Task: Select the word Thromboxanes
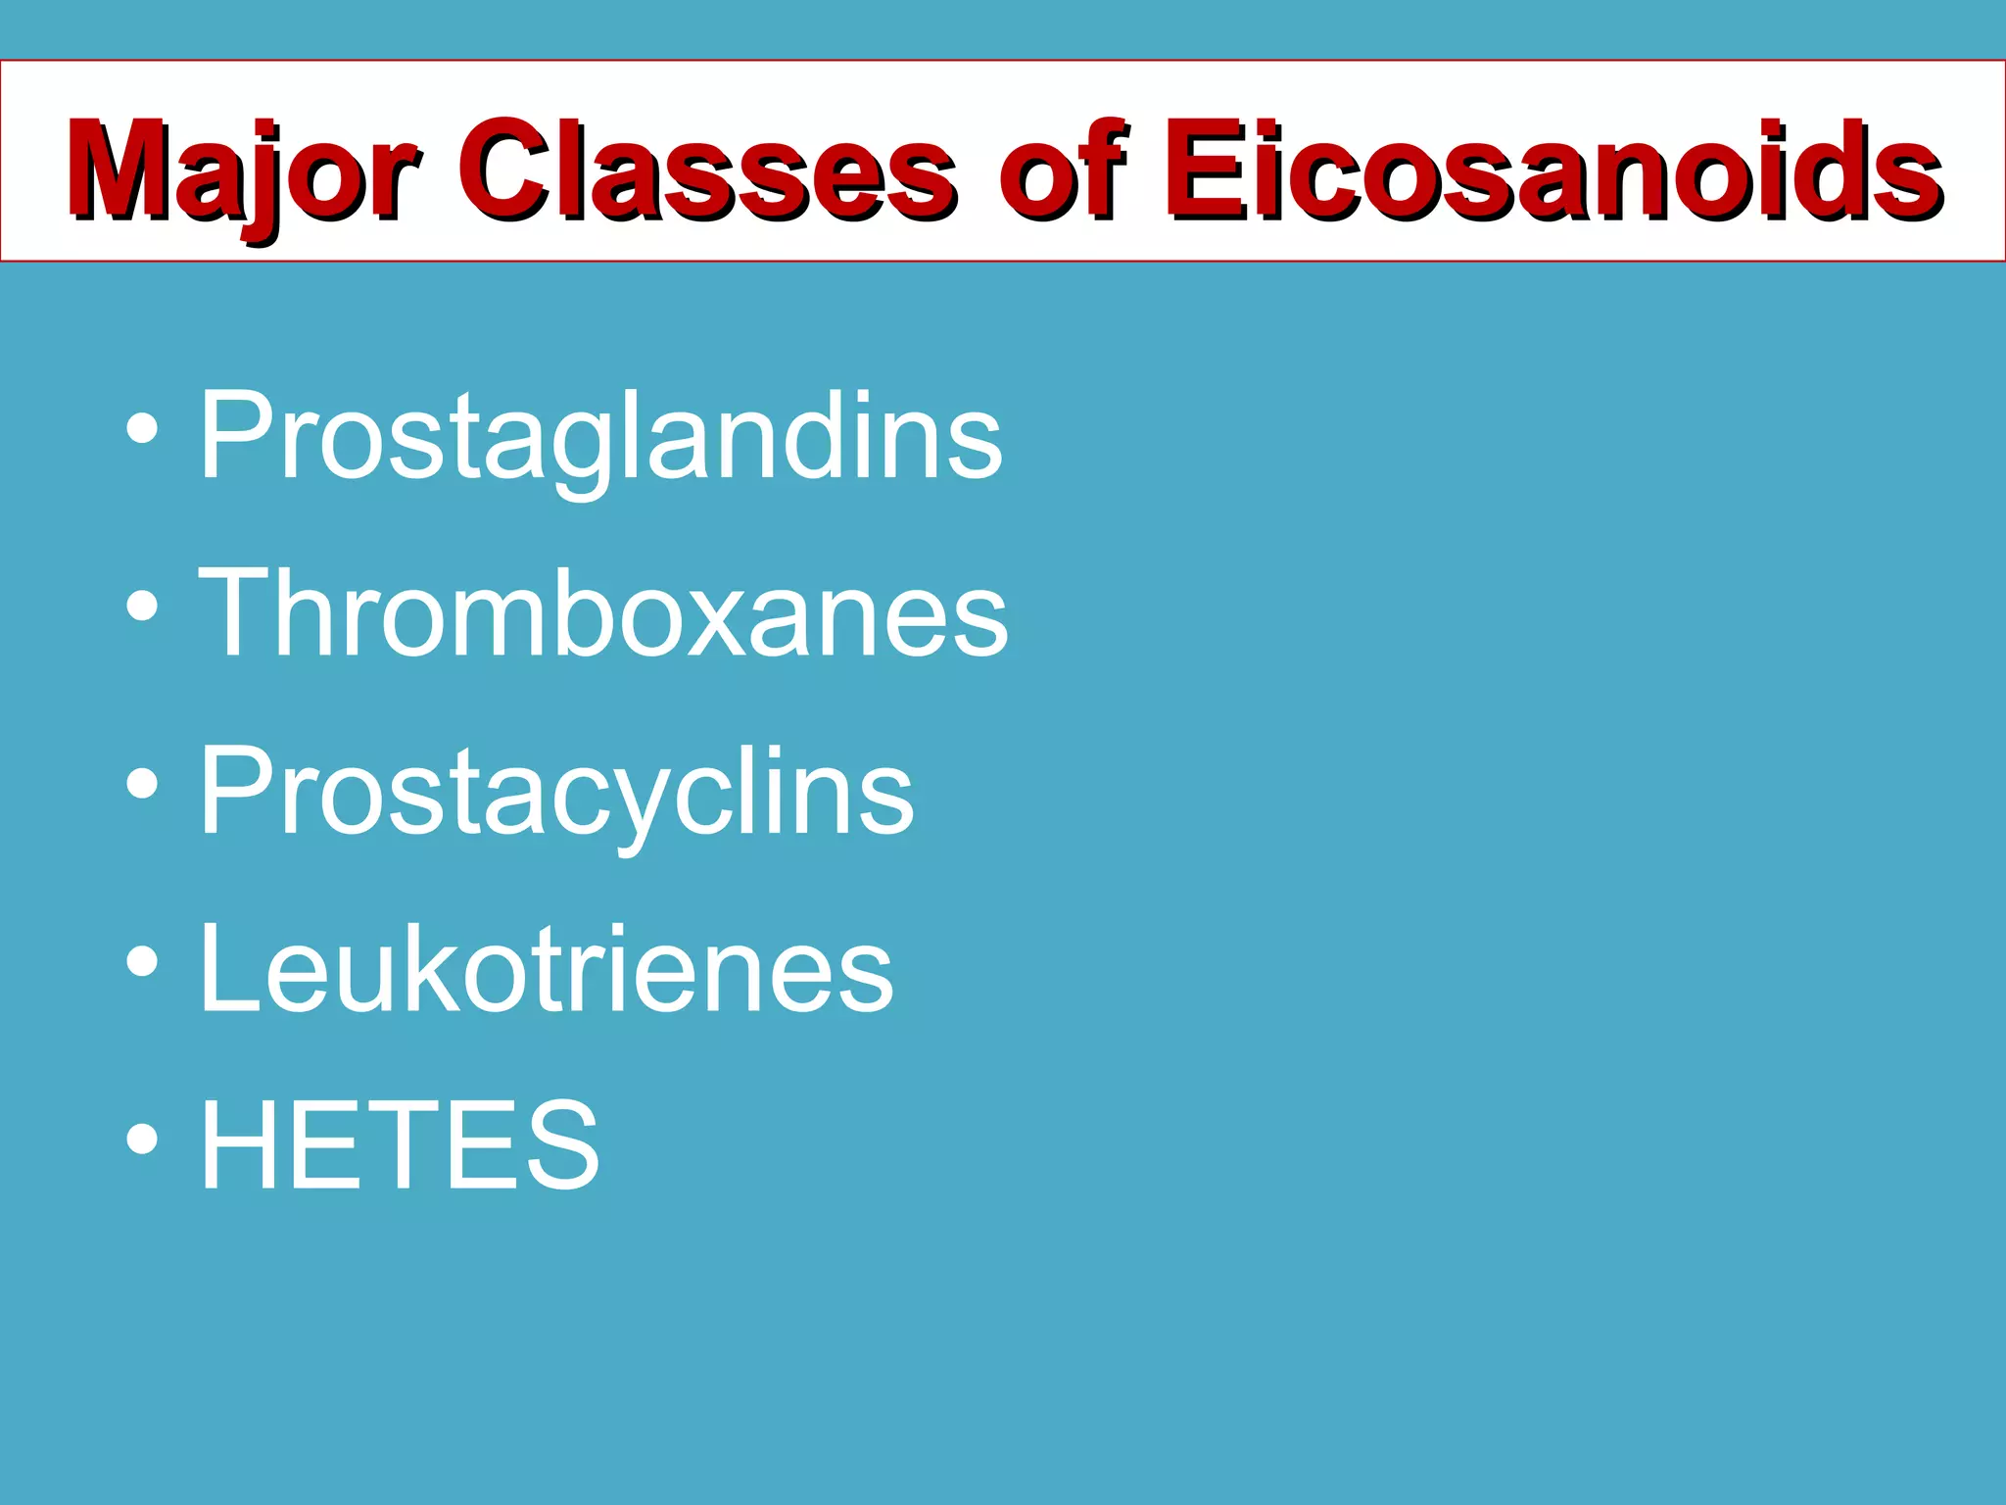click(x=603, y=613)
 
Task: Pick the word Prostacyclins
click(x=556, y=794)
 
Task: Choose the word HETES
click(x=400, y=1143)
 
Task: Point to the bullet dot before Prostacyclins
click(x=142, y=784)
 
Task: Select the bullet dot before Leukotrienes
click(x=142, y=961)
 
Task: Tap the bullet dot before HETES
click(x=142, y=1139)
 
